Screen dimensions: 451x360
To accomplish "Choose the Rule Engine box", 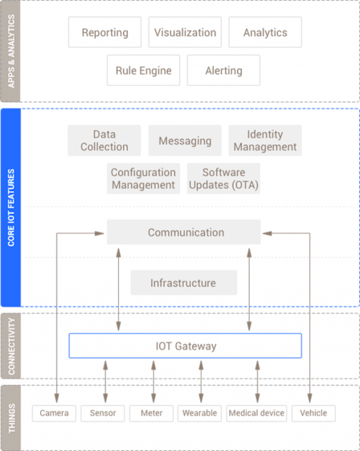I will coord(143,70).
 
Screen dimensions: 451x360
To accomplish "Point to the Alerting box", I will coord(224,70).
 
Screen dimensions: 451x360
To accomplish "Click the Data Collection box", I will coord(104,141).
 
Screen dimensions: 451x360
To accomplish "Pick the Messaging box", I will coord(185,141).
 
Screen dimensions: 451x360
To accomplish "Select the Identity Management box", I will coord(265,141).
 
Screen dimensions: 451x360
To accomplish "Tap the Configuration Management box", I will coord(143,178).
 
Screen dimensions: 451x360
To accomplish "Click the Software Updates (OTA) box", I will coord(224,178).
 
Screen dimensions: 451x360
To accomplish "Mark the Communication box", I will coord(184,232).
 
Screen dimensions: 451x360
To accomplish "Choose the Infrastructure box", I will coord(184,282).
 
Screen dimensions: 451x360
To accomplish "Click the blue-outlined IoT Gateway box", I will coord(185,346).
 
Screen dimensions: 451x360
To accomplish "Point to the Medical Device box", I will coord(257,413).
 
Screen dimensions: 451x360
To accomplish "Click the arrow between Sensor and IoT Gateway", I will coord(106,382).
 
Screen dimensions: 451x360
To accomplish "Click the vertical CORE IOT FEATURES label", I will coord(11,208).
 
